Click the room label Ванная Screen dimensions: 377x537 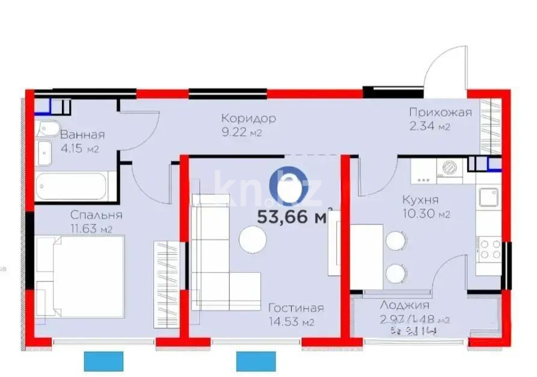[82, 135]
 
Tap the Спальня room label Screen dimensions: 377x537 [96, 215]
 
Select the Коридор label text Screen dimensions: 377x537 [248, 118]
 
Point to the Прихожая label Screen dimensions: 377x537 [440, 112]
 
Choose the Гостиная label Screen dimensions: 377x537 [296, 308]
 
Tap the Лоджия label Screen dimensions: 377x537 [404, 305]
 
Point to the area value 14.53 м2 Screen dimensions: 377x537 [292, 323]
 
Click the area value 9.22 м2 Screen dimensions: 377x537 [241, 133]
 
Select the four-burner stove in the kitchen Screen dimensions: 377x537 [489, 249]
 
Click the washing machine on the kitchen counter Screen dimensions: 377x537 [449, 169]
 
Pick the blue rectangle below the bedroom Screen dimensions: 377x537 [103, 361]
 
